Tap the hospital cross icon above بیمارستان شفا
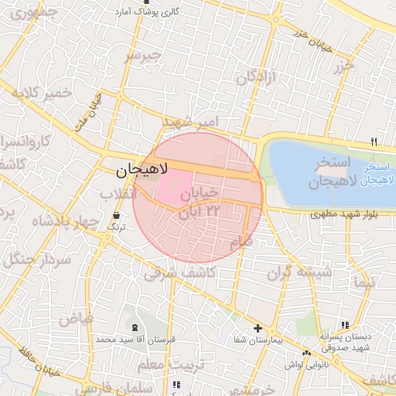(x=258, y=329)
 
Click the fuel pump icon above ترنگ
(x=116, y=215)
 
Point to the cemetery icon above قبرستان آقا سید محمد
(x=136, y=329)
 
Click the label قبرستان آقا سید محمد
(x=136, y=340)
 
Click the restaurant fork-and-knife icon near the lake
(x=374, y=142)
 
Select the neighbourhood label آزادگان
(x=257, y=77)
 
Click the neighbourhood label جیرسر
(x=145, y=56)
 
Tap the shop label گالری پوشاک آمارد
(x=147, y=12)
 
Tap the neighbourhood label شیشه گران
(x=299, y=273)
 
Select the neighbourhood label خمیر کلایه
(x=40, y=93)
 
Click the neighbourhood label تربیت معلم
(x=166, y=364)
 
